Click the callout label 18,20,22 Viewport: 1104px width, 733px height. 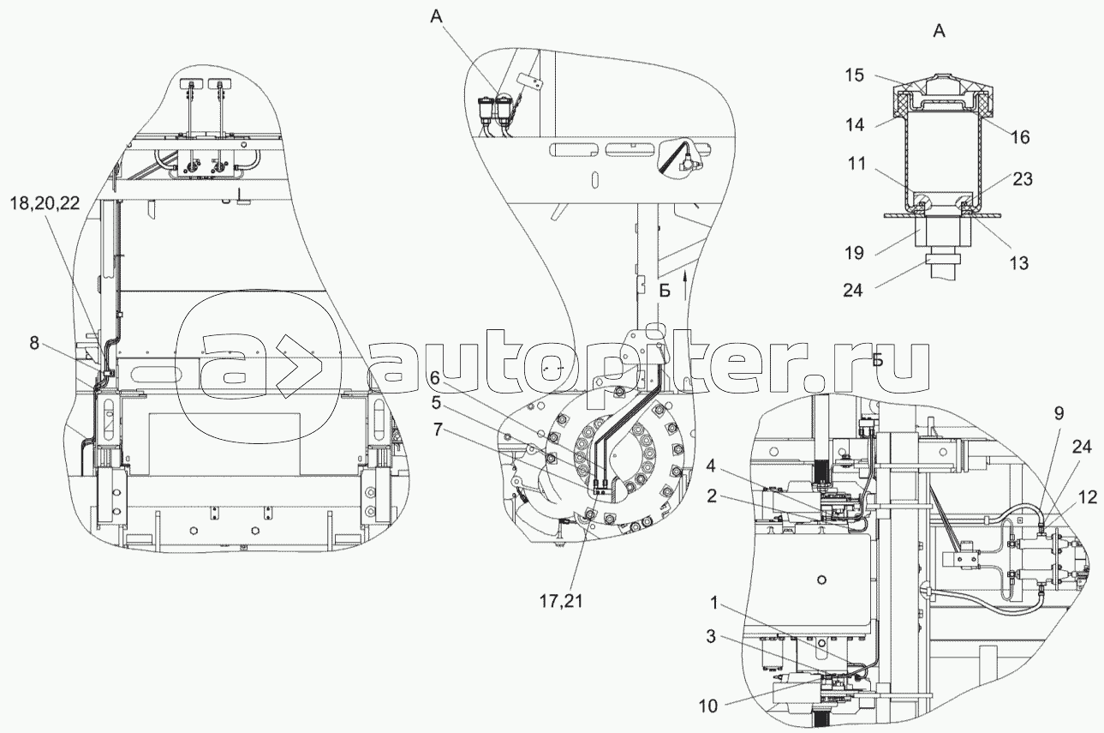tap(45, 203)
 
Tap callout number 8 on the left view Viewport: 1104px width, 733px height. tap(34, 343)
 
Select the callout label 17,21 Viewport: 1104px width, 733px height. tap(561, 601)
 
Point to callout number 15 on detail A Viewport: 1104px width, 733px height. tap(855, 75)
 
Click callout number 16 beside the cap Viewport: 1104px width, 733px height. tap(1020, 136)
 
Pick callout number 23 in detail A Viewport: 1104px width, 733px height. tap(1022, 178)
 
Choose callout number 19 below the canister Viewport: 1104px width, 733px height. tap(854, 253)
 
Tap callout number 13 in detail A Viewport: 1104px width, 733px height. tap(1018, 263)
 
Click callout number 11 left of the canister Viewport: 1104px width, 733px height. tap(856, 163)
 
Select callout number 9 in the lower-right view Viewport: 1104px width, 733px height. tap(1059, 413)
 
